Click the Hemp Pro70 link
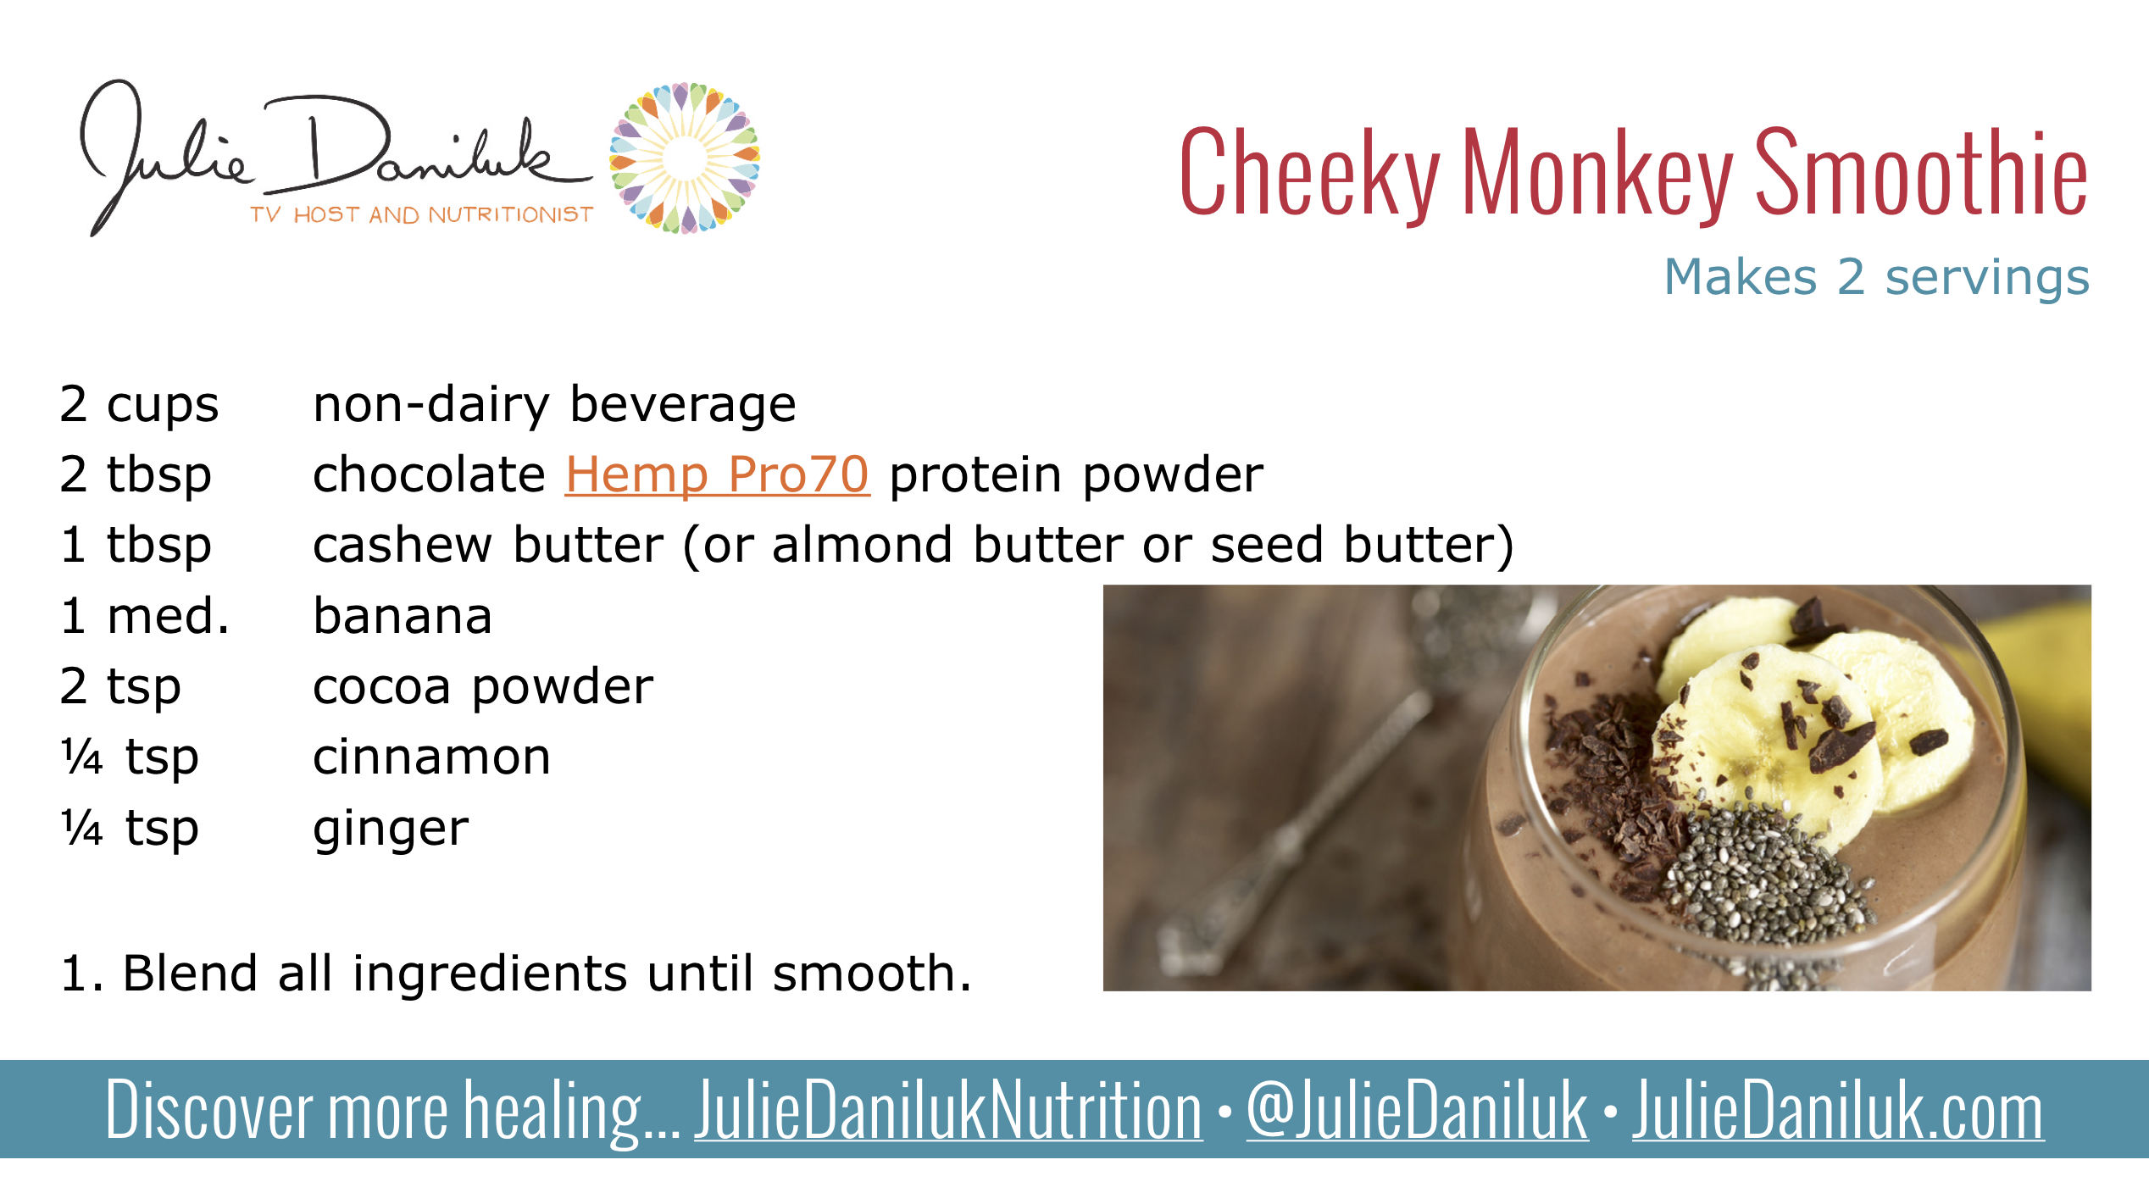tap(717, 474)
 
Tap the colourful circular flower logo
tap(685, 158)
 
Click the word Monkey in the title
tap(1597, 174)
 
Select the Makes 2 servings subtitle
tap(1876, 277)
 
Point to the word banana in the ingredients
tap(403, 616)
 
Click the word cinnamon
tap(431, 757)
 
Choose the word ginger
tap(391, 829)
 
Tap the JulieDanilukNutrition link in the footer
tap(948, 1111)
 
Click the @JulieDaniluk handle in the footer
tap(1417, 1111)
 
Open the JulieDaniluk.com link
tap(1838, 1111)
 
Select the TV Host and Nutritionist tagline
tap(421, 215)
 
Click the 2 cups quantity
tap(139, 404)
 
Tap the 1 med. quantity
tap(145, 616)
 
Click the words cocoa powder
tap(483, 686)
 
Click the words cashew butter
tap(488, 545)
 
